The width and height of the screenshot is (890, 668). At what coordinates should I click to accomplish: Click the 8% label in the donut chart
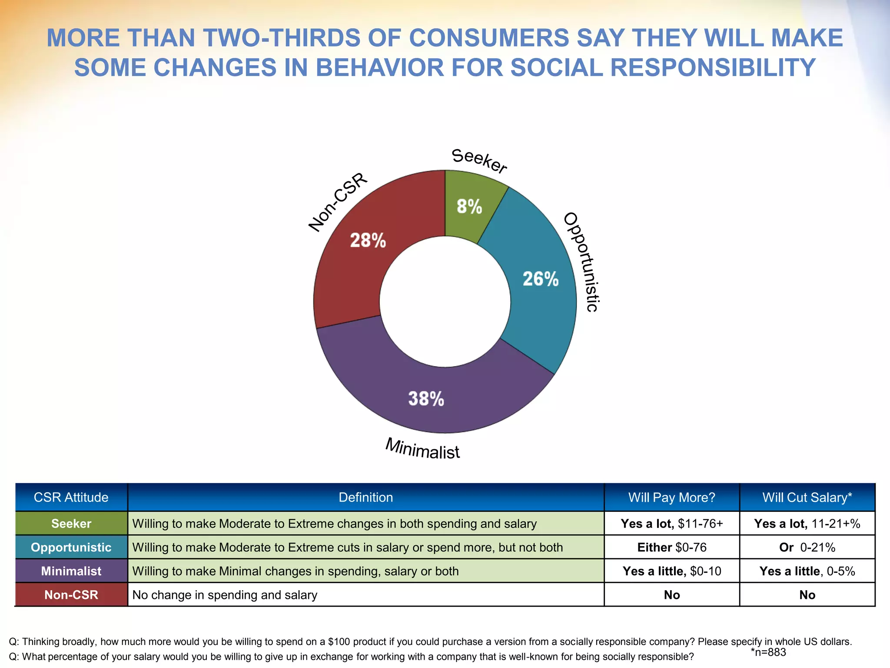pyautogui.click(x=469, y=207)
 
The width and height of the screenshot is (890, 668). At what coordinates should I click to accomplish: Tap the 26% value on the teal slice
pyautogui.click(x=540, y=279)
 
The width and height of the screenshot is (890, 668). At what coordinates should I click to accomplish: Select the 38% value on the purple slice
pyautogui.click(x=426, y=398)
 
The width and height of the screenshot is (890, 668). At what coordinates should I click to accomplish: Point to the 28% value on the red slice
pyautogui.click(x=368, y=240)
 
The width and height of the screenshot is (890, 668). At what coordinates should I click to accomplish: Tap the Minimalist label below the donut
pyautogui.click(x=422, y=449)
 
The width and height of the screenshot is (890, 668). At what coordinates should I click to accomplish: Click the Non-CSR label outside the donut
pyautogui.click(x=338, y=202)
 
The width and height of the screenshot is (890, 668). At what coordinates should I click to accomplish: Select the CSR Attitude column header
pyautogui.click(x=71, y=497)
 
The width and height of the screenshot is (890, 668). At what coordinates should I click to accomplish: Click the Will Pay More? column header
pyautogui.click(x=671, y=497)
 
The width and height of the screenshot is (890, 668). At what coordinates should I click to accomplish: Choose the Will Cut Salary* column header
pyautogui.click(x=807, y=497)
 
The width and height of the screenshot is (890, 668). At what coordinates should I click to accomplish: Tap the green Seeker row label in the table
pyautogui.click(x=71, y=523)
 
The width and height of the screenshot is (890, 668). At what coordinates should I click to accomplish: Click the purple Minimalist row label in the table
pyautogui.click(x=71, y=571)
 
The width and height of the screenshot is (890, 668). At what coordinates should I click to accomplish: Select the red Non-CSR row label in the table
pyautogui.click(x=71, y=595)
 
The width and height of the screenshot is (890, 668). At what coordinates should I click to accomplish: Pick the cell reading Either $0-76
pyautogui.click(x=671, y=547)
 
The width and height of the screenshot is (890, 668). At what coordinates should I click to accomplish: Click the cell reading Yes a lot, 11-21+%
pyautogui.click(x=807, y=523)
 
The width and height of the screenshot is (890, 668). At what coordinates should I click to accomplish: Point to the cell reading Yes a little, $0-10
pyautogui.click(x=671, y=571)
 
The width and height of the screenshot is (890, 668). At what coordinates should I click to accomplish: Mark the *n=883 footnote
pyautogui.click(x=768, y=652)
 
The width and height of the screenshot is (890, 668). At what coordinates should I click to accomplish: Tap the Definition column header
pyautogui.click(x=365, y=497)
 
